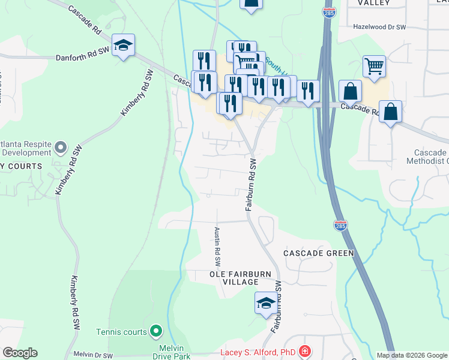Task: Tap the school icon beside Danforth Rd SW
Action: coord(123,46)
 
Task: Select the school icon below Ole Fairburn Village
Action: coord(266,304)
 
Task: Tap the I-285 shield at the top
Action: coord(329,12)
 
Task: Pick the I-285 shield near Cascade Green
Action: coord(340,226)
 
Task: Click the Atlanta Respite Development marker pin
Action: coord(60,146)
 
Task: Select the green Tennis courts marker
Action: coord(156,331)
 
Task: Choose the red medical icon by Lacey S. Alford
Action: coord(306,351)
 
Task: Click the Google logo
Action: coord(20,353)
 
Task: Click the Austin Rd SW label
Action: coord(217,247)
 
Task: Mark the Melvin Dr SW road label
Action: coord(93,355)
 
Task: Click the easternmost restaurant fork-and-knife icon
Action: coord(308,91)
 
